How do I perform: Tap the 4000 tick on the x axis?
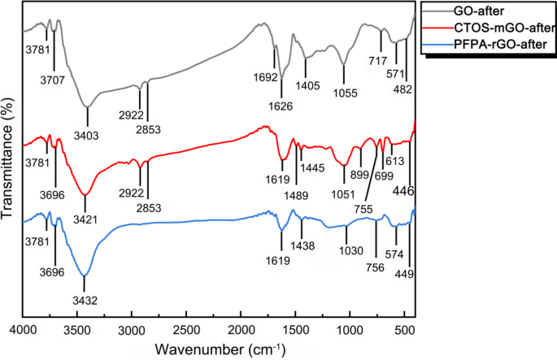(x=22, y=332)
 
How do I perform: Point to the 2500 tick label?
(x=186, y=332)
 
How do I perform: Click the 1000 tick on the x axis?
(x=350, y=332)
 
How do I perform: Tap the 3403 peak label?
(x=86, y=134)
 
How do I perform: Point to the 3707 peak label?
(x=55, y=80)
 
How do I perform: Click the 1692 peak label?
(x=269, y=78)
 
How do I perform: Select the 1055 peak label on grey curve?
(x=346, y=93)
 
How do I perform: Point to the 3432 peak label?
(x=85, y=300)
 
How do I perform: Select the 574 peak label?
(x=396, y=254)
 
